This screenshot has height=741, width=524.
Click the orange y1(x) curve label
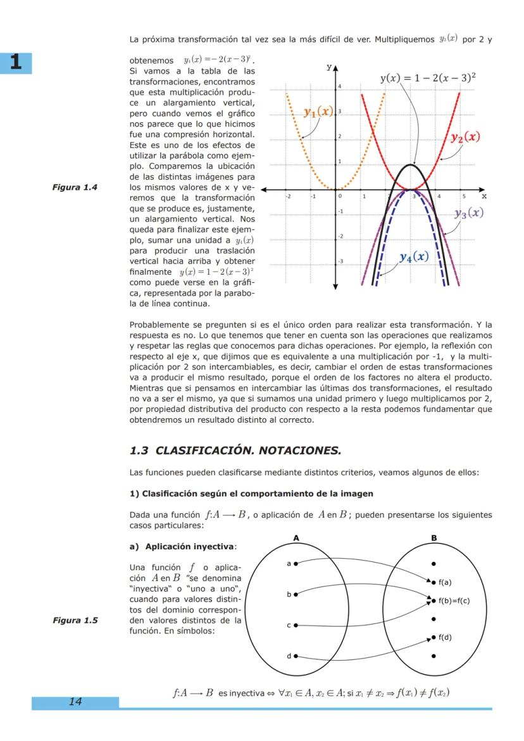[318, 112]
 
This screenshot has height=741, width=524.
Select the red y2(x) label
[465, 137]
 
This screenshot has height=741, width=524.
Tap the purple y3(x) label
[470, 213]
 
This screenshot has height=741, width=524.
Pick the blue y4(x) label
[414, 257]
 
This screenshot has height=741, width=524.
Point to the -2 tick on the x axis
[288, 197]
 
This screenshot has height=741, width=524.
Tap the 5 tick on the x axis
[463, 197]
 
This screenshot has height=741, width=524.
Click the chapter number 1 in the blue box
[16, 63]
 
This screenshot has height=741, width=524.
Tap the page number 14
[75, 701]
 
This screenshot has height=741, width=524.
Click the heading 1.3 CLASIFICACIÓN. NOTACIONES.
[235, 451]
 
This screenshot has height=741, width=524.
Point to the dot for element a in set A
[296, 562]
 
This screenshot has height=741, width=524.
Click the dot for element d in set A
[296, 656]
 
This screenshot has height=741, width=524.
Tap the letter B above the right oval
[434, 539]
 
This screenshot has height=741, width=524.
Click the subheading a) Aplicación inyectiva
[182, 546]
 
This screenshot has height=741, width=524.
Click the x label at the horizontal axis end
[483, 197]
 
